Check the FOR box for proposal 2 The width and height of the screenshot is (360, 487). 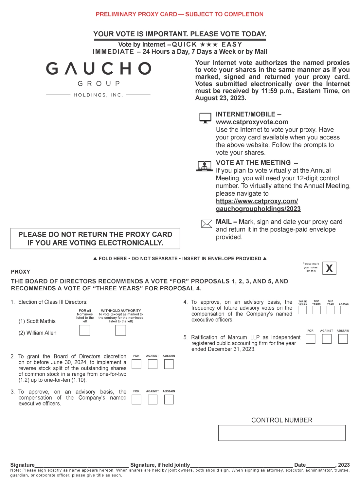coord(136,364)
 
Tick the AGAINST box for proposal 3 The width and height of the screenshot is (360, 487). coord(153,399)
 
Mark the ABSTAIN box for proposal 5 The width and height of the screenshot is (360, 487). coord(343,339)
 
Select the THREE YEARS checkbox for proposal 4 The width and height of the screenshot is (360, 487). coord(303,310)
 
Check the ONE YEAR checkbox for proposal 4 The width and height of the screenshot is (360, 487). coord(331,310)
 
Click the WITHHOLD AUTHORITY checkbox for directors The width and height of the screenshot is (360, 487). coord(120,331)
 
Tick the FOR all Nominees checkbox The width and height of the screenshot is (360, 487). coord(85,331)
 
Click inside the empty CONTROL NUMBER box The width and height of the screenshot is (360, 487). coord(282,433)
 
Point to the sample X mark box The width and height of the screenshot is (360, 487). coord(329,268)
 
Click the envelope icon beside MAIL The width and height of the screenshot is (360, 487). coord(207,224)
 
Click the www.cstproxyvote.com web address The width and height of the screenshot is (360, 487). coord(252,122)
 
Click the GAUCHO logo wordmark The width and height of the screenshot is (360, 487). coord(99,69)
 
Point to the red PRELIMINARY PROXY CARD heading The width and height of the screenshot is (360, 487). coord(179,14)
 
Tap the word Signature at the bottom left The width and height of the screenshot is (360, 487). coord(22,465)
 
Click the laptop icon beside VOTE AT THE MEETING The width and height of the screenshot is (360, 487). coord(205,166)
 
